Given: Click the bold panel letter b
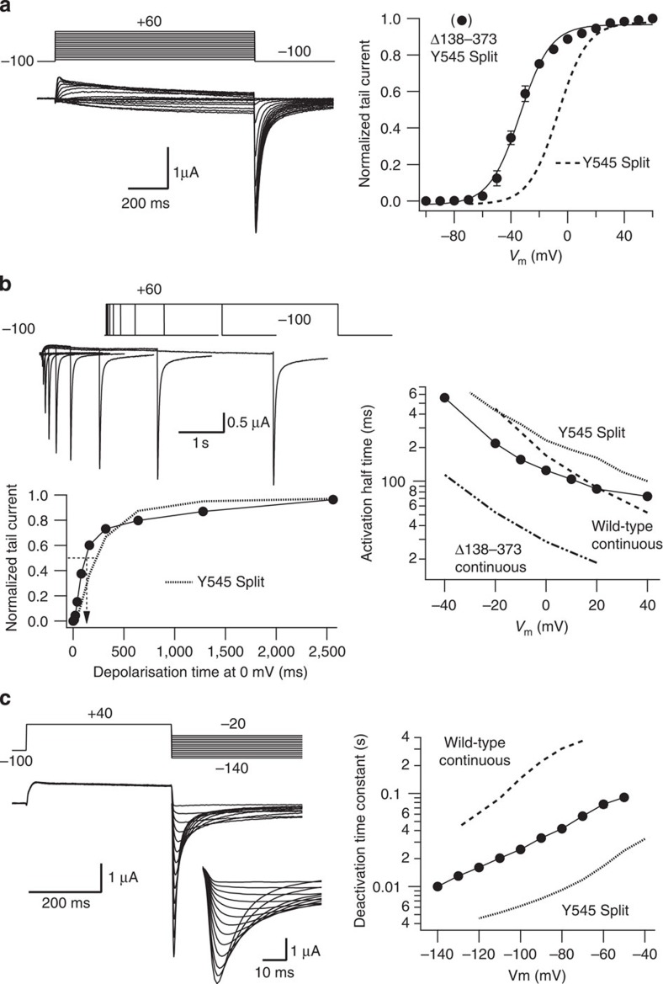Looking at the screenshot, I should click(x=8, y=284).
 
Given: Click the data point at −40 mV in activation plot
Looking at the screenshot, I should click(x=444, y=398).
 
